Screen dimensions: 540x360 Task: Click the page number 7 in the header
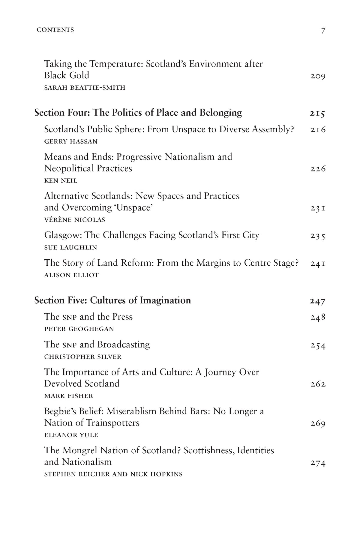click(323, 31)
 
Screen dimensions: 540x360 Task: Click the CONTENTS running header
click(55, 30)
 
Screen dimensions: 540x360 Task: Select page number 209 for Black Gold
click(318, 76)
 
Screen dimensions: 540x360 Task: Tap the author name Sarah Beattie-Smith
click(85, 88)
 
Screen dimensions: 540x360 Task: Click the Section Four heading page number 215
click(317, 114)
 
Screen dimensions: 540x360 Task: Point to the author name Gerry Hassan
click(71, 142)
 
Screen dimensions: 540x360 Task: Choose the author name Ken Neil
click(61, 180)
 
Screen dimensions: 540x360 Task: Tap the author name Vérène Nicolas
click(75, 220)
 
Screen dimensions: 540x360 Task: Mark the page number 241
click(318, 264)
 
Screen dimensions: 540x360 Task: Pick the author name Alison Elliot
click(71, 275)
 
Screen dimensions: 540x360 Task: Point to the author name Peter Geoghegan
click(79, 329)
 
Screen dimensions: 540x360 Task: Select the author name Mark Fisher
click(69, 396)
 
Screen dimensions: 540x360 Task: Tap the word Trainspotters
click(113, 423)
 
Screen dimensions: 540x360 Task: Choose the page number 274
click(318, 463)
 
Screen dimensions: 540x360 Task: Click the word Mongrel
click(80, 450)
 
